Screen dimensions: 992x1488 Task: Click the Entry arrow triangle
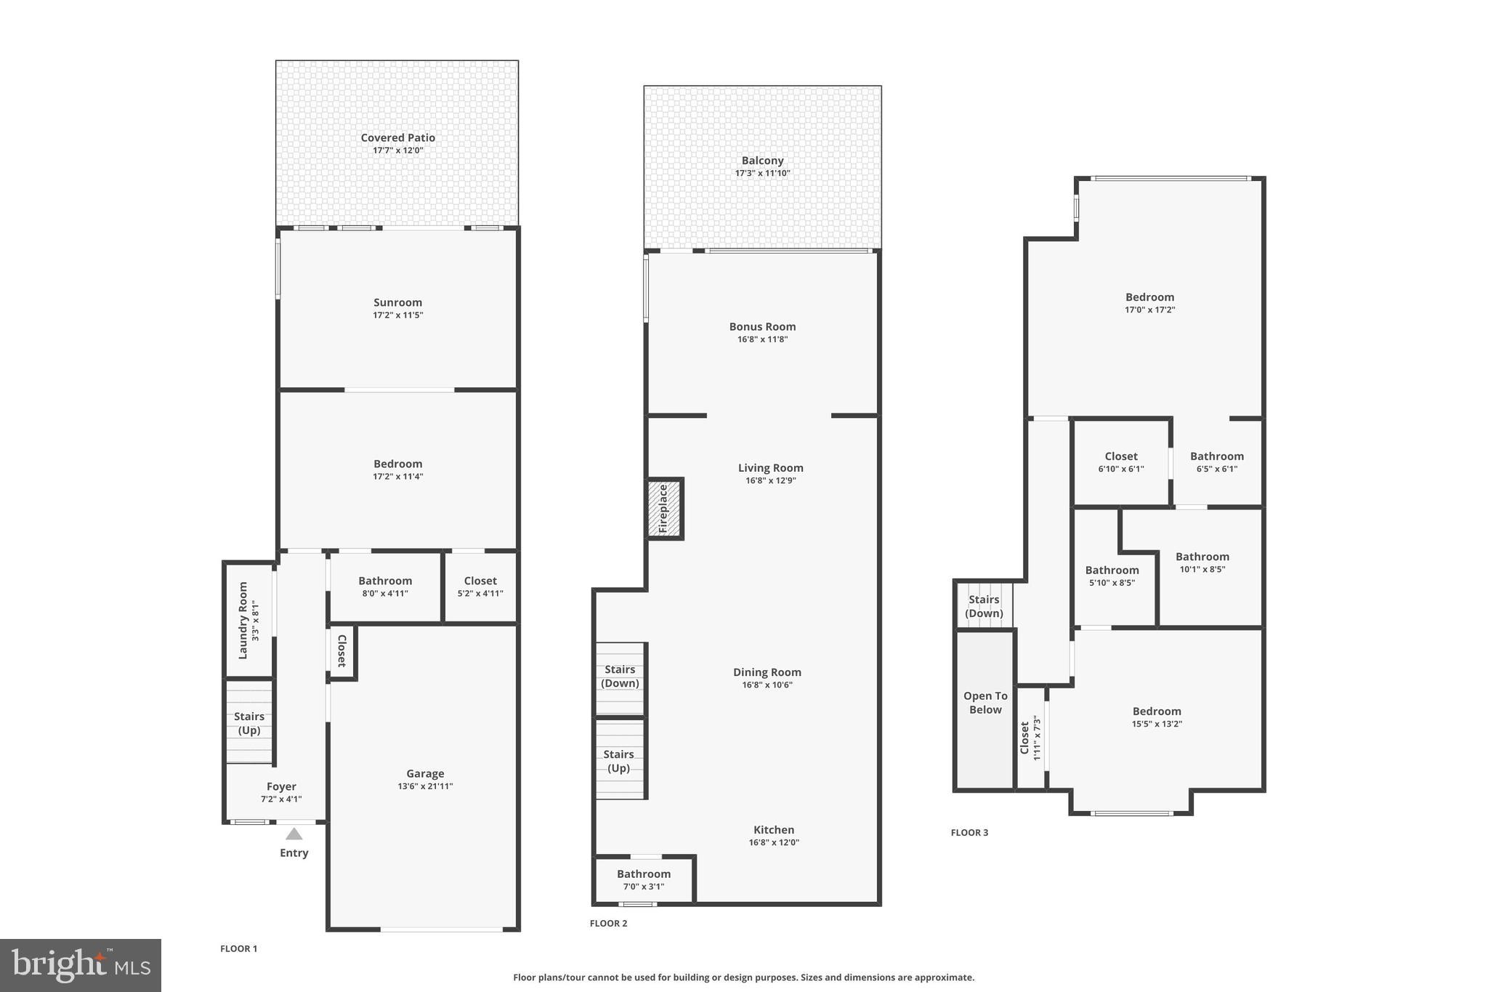(294, 834)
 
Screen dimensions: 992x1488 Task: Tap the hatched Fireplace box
(665, 509)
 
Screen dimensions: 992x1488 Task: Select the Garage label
(425, 774)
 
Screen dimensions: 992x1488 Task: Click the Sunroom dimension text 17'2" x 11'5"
(397, 315)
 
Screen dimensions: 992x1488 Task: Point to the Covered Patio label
(397, 137)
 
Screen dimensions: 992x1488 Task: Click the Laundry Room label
(243, 620)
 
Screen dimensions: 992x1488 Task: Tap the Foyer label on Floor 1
(281, 786)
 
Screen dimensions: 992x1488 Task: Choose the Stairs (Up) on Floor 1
(249, 723)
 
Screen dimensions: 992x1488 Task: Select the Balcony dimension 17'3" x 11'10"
(762, 174)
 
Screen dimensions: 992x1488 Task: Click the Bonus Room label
(762, 326)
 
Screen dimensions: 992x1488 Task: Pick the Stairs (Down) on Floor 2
(620, 677)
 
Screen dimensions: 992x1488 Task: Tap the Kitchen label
(774, 830)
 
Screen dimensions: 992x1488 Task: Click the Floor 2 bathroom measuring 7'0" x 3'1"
(644, 880)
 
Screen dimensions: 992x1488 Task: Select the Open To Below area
(985, 703)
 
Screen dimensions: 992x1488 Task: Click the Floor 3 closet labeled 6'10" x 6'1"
(1121, 462)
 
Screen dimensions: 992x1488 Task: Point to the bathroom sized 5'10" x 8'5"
(1112, 576)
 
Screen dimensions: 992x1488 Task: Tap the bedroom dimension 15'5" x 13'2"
(1157, 724)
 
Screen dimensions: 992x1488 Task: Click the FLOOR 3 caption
(969, 833)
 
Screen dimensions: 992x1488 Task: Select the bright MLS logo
(81, 965)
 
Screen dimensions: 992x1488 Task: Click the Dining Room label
(767, 672)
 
